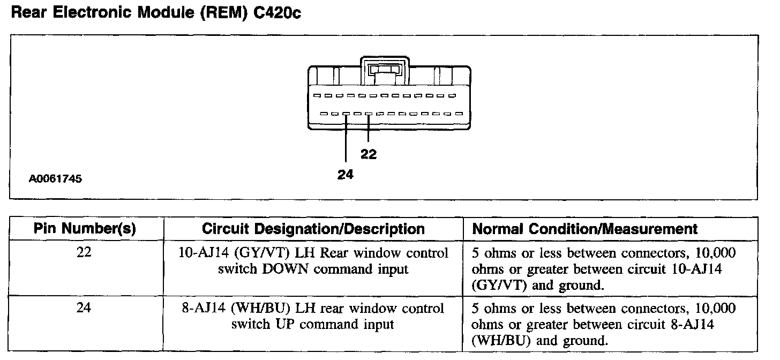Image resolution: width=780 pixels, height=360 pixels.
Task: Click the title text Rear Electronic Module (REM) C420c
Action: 156,13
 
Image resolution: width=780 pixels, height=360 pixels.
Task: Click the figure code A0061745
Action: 56,179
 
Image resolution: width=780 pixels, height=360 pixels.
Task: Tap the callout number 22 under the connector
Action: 369,154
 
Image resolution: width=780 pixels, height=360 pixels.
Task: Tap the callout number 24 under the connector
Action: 346,174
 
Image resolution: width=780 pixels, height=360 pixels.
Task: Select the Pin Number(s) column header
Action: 85,229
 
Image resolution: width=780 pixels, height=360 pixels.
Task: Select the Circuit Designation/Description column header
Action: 313,229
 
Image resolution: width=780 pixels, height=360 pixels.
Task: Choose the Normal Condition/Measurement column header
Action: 585,229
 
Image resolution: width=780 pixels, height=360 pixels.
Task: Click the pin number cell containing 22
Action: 85,252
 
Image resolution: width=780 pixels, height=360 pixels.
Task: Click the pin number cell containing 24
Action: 85,308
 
